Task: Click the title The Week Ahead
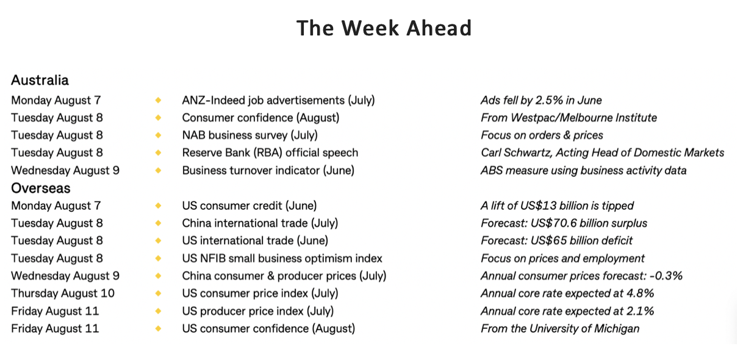click(384, 27)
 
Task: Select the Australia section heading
click(40, 80)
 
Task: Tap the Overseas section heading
click(41, 189)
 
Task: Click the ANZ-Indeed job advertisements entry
click(278, 100)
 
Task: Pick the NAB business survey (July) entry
click(250, 135)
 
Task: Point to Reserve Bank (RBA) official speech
click(270, 153)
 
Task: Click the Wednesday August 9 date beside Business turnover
click(65, 171)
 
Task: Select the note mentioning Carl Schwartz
click(603, 153)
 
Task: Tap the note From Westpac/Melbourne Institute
click(569, 118)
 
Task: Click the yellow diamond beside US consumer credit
click(158, 206)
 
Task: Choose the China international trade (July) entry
click(260, 223)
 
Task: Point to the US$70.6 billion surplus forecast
click(564, 223)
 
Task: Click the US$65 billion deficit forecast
click(557, 241)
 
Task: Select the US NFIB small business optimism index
click(282, 259)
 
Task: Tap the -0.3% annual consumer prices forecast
click(581, 276)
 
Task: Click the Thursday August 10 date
click(63, 293)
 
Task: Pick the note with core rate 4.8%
click(567, 293)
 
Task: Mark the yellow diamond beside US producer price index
click(158, 311)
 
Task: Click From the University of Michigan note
click(560, 329)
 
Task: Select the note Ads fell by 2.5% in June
click(541, 100)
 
